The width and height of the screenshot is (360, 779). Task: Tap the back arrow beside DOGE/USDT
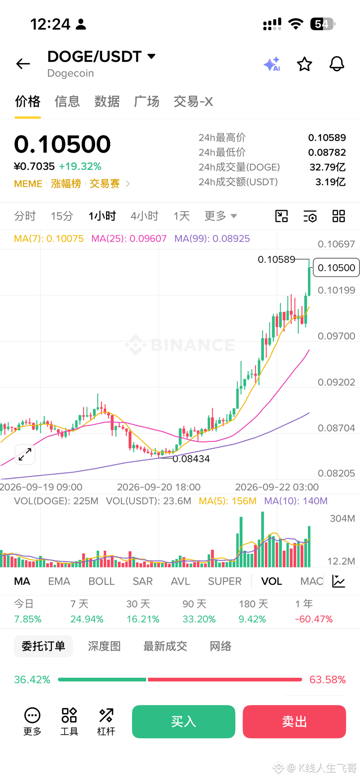23,64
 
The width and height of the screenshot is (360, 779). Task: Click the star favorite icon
304,64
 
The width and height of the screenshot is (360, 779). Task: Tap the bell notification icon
337,64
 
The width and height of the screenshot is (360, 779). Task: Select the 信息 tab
67,101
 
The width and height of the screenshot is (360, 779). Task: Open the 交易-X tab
193,101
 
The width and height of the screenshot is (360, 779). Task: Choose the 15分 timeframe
62,216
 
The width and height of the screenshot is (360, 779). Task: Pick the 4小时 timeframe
144,216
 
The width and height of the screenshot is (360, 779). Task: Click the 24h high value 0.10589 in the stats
327,138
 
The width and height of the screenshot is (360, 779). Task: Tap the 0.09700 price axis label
337,336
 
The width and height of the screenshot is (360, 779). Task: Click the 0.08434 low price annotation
191,459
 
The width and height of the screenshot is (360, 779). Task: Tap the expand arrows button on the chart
25,454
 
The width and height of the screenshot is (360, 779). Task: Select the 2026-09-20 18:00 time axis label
159,487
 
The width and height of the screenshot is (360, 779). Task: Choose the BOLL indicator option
101,581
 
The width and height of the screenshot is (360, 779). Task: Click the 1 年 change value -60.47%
313,619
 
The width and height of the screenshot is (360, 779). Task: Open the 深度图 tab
104,646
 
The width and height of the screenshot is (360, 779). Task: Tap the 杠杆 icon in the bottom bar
106,722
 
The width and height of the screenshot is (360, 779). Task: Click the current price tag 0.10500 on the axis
337,268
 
